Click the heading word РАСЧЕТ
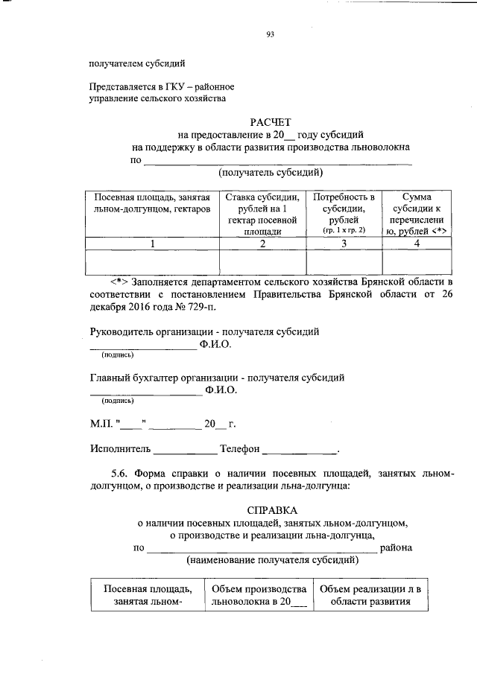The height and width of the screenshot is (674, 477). [271, 122]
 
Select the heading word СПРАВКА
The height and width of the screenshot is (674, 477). [271, 510]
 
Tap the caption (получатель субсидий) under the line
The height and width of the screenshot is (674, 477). [271, 174]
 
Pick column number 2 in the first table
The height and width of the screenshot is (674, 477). [262, 244]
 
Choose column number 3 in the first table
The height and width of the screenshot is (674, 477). [344, 244]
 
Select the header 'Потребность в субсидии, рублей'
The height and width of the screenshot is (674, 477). [344, 208]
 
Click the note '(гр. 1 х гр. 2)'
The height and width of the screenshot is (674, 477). [344, 231]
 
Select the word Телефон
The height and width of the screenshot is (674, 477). [240, 449]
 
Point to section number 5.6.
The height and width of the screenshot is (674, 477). [121, 473]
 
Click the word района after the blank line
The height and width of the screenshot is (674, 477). [397, 547]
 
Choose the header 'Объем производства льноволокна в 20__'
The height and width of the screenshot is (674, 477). [259, 596]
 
